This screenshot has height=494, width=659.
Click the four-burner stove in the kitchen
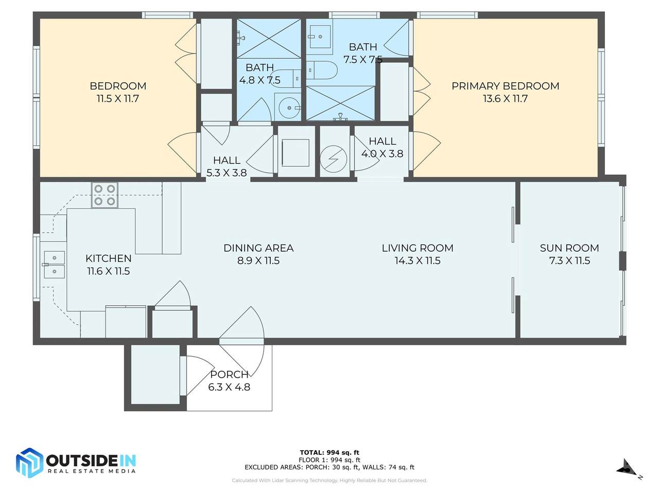tap(105, 195)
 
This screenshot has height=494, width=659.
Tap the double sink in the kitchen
tap(55, 264)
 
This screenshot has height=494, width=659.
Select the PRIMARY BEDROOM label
tap(505, 86)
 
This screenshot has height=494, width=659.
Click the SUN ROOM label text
tap(569, 248)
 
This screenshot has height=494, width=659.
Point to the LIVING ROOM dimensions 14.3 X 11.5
tap(418, 261)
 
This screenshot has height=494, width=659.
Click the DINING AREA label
tap(258, 248)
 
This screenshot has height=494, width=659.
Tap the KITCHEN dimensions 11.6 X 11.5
tap(109, 271)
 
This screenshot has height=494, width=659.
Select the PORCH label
tap(229, 374)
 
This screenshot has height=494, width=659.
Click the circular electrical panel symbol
tap(334, 159)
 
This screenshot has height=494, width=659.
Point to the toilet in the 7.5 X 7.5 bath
tap(322, 70)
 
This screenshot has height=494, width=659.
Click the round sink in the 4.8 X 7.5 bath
tap(289, 108)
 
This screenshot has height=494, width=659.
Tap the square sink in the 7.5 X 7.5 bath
tap(321, 37)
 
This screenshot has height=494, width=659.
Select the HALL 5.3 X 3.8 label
tap(227, 166)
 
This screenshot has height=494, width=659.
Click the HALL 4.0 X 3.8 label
tap(382, 147)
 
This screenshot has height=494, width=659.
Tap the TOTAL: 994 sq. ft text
tap(329, 453)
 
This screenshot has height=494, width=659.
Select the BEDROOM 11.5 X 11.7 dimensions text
tap(118, 99)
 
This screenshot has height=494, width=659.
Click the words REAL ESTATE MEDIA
tap(92, 471)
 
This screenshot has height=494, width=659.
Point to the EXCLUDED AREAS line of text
tap(329, 467)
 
